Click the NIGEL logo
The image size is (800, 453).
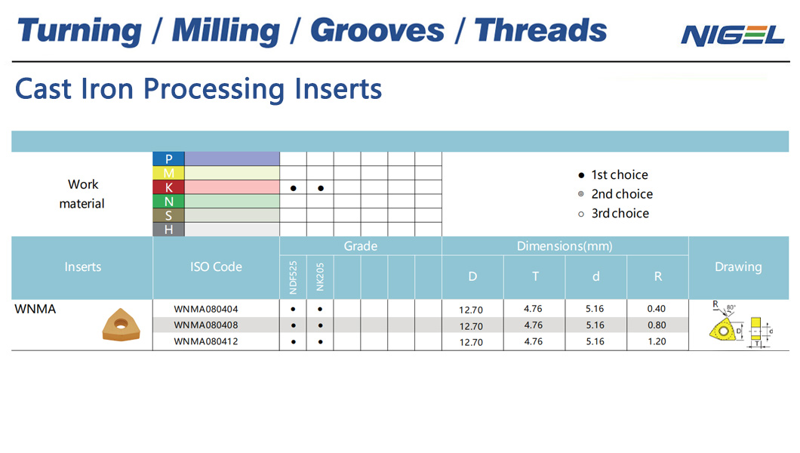(733, 35)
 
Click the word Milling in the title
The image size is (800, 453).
(226, 31)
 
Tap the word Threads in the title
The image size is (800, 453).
(540, 31)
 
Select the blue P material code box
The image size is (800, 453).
(168, 159)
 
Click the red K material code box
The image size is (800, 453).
(168, 187)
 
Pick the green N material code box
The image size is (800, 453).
(168, 202)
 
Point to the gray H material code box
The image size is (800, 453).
(168, 230)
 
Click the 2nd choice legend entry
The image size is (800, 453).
(615, 194)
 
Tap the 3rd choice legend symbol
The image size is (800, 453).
(581, 214)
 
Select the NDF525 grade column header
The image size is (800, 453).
(293, 277)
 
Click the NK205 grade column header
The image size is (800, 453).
(320, 277)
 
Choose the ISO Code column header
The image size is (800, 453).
(216, 267)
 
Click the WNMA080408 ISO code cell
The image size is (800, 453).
(205, 325)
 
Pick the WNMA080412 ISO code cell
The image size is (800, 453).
(205, 341)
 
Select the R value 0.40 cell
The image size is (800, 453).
(657, 309)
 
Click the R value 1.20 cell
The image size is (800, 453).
(657, 341)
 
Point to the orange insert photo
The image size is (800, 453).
(121, 325)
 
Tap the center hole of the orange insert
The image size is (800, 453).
(121, 323)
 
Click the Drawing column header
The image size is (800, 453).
(738, 267)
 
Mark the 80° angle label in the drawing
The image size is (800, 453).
(731, 307)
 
